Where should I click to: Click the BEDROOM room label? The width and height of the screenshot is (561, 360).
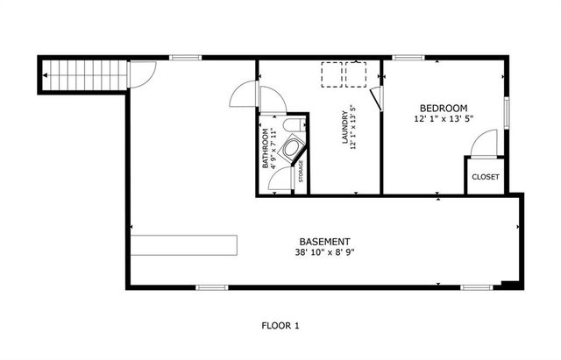pyautogui.click(x=443, y=108)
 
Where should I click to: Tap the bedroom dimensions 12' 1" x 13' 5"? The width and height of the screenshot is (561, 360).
pyautogui.click(x=443, y=119)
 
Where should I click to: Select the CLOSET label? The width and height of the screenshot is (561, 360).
pyautogui.click(x=485, y=177)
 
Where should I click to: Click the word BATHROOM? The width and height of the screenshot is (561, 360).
pyautogui.click(x=264, y=150)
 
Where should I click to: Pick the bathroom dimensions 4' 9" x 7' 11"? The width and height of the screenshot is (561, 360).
pyautogui.click(x=274, y=150)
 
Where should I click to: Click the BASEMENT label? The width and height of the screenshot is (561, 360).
pyautogui.click(x=324, y=242)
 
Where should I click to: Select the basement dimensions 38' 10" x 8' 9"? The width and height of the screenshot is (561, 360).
pyautogui.click(x=324, y=253)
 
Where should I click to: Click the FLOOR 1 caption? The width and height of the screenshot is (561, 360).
pyautogui.click(x=280, y=326)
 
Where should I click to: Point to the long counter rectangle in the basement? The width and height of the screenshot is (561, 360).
pyautogui.click(x=184, y=243)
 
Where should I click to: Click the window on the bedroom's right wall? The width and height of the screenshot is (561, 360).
pyautogui.click(x=506, y=112)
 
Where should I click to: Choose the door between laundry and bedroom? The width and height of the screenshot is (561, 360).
pyautogui.click(x=376, y=95)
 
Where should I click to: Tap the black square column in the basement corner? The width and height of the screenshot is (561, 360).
pyautogui.click(x=509, y=283)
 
